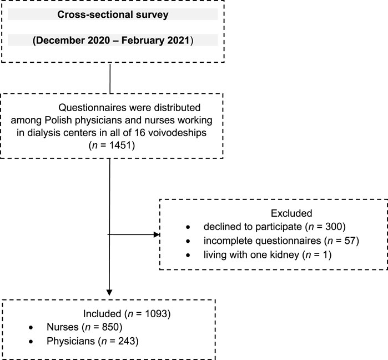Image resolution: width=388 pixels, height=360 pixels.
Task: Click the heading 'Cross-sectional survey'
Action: (113, 14)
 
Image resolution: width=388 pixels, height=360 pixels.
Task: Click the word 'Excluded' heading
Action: (291, 213)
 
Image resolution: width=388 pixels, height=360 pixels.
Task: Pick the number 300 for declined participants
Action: (334, 227)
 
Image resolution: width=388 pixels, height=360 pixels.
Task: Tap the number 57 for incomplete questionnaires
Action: (350, 241)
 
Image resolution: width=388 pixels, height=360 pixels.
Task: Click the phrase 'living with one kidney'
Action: (251, 255)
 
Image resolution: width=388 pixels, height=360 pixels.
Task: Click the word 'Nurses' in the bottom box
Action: (63, 327)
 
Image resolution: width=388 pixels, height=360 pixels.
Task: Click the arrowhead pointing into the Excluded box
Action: (157, 234)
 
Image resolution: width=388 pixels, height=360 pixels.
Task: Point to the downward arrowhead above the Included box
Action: (109, 292)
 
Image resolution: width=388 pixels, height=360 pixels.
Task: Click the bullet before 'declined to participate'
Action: (188, 227)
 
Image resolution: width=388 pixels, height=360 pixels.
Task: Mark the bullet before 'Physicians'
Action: (31, 342)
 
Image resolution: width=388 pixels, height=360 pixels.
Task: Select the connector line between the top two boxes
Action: (110, 78)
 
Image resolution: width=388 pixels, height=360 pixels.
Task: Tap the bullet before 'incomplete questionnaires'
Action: (188, 241)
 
